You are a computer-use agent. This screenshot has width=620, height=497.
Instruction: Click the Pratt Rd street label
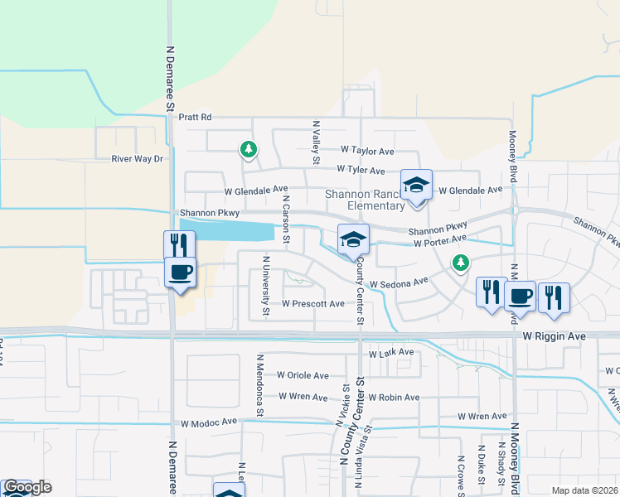coord(195,118)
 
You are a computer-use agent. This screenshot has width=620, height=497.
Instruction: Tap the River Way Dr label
coord(138,158)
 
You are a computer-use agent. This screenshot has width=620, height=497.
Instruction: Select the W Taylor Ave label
coord(367,152)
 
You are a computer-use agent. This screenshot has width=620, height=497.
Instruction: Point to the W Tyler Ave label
coord(361,171)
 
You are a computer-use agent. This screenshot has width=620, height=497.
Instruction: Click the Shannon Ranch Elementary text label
coord(365,200)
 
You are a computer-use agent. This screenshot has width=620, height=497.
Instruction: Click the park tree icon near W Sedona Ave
coord(460,263)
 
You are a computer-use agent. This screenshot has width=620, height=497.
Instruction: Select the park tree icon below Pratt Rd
coord(247,149)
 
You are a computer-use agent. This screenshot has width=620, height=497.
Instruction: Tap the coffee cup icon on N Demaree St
coord(181,272)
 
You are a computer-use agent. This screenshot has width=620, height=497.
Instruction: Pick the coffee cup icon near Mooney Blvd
coord(520,296)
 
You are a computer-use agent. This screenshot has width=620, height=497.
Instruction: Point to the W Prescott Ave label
coord(312,304)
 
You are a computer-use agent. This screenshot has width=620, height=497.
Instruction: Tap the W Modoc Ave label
coord(209,422)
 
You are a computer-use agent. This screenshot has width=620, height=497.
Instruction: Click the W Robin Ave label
coord(394,398)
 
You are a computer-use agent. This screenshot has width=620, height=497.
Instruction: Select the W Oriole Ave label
coord(303,375)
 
